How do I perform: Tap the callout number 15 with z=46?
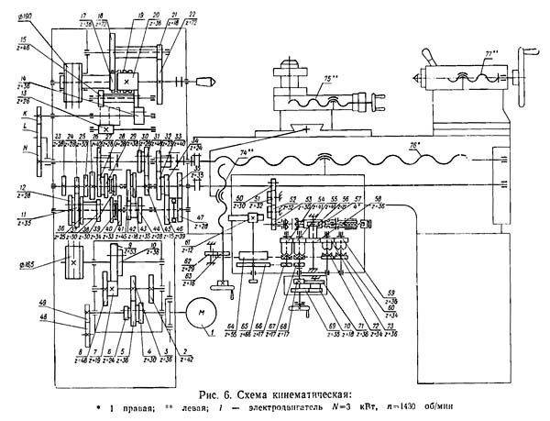(x=20, y=40)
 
